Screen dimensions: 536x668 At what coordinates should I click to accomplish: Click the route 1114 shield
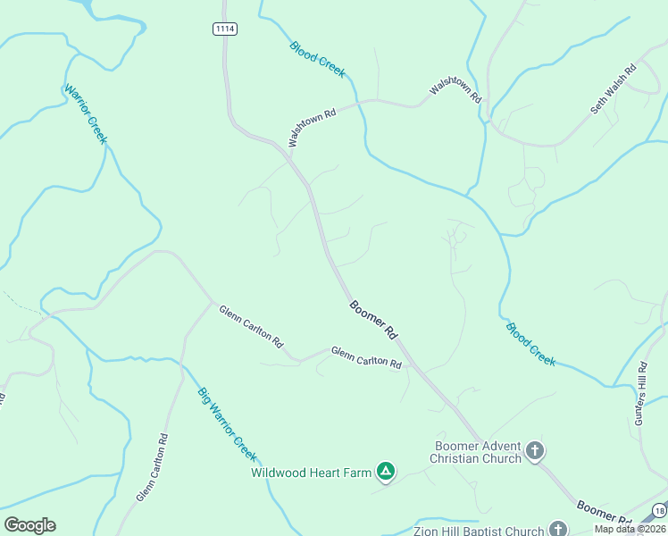225,29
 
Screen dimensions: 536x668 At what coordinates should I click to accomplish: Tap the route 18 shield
659,509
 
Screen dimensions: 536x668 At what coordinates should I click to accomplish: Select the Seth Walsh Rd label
613,88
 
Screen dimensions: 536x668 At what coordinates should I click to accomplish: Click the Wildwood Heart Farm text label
311,473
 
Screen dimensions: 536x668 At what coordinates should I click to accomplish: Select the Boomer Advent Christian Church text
475,452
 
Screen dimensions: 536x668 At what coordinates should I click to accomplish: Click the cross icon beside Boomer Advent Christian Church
534,451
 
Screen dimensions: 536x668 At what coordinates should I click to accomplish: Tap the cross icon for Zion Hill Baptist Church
558,530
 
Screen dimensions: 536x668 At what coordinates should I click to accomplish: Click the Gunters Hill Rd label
642,392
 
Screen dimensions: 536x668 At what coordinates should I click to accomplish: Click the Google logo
29,525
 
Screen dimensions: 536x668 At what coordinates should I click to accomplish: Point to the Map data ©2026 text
630,529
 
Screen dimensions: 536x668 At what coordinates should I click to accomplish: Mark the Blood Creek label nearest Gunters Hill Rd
530,344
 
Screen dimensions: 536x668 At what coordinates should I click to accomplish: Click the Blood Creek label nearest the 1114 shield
317,59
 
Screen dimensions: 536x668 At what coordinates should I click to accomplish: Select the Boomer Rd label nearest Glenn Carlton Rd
373,319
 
